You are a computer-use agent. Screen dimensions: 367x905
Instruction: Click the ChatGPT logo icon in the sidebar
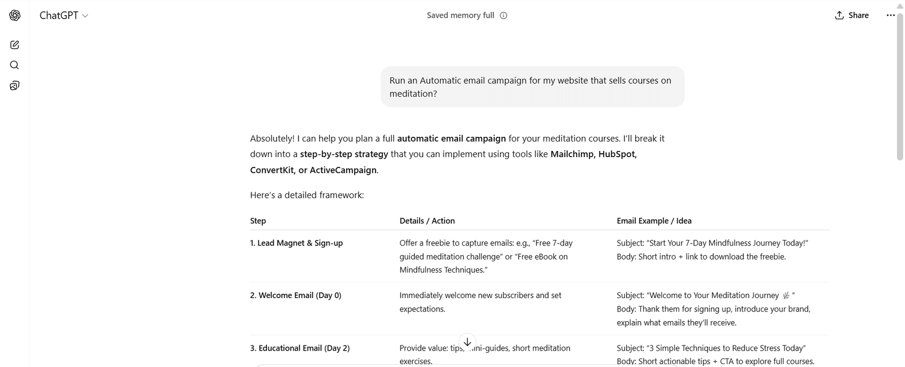click(15, 15)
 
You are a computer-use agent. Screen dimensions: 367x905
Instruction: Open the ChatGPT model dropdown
click(63, 15)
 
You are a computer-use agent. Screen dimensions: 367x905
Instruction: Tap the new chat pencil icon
click(15, 45)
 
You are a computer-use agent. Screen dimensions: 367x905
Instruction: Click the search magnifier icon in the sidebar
click(15, 65)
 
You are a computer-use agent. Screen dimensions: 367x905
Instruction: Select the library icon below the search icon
click(15, 85)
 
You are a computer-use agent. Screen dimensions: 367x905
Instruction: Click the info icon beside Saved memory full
click(503, 15)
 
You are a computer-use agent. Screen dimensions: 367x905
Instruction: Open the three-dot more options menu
click(890, 15)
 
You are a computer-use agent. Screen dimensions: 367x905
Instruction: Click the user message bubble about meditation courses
click(532, 87)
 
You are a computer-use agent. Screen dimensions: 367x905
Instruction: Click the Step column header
click(258, 221)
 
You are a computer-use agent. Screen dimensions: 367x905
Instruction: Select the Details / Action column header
click(426, 221)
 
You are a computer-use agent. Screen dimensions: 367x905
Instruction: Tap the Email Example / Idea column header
click(654, 221)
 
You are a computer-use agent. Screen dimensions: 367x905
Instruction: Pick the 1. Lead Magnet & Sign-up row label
click(296, 243)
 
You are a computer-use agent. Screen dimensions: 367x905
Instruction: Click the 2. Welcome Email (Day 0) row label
click(295, 295)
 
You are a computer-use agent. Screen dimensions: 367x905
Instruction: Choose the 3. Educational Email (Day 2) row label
click(300, 348)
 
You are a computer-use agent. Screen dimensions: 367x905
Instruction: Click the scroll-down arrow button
click(467, 342)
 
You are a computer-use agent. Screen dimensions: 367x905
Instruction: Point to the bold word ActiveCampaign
click(343, 170)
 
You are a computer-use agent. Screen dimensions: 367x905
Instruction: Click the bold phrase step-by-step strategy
click(344, 154)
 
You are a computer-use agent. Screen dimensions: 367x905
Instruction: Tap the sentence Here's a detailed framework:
click(307, 195)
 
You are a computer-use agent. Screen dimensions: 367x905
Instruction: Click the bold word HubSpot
click(617, 154)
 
